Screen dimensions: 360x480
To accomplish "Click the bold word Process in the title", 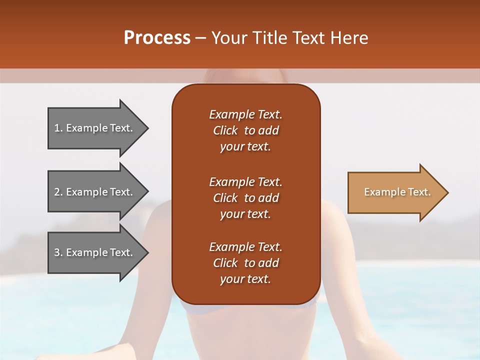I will click(157, 38).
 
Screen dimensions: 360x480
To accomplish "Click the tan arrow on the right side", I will click(395, 192).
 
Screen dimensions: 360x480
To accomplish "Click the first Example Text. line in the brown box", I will click(245, 114).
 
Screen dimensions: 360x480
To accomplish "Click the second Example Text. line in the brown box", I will click(245, 182).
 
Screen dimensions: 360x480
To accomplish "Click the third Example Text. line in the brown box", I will click(245, 247).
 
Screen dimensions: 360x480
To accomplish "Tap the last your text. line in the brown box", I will click(245, 279).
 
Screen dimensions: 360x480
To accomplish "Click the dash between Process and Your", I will click(201, 38).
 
